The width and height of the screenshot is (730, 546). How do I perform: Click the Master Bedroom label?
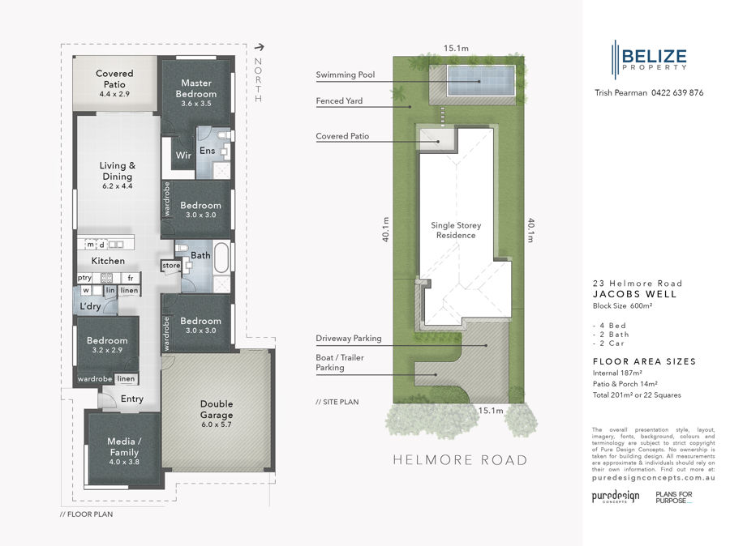coord(196,88)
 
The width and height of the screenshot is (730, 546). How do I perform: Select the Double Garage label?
coord(216,409)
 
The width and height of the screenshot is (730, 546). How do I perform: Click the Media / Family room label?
coord(123,447)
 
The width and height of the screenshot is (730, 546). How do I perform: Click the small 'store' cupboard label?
coord(171,266)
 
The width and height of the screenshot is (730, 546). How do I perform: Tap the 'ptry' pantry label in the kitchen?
coord(85,278)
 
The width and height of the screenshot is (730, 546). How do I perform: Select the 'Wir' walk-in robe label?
coord(183,155)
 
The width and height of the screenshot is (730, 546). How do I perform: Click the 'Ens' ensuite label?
coord(207,151)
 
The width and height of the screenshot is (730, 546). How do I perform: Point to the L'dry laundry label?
coord(90,307)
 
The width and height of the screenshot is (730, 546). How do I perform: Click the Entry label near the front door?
coord(131,399)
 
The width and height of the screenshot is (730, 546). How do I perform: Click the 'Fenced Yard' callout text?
coord(340,101)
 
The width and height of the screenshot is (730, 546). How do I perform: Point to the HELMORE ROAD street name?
coord(460,460)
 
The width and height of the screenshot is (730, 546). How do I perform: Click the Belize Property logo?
coord(649,58)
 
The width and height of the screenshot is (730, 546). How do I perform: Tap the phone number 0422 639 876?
coord(677,93)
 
